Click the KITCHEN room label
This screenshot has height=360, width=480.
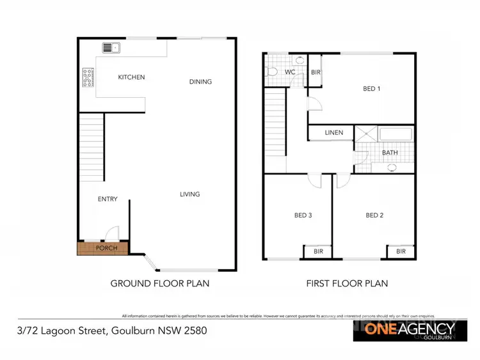[131, 77]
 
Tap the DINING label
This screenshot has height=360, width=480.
[200, 81]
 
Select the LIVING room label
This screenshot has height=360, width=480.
[189, 194]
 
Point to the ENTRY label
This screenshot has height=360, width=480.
[108, 199]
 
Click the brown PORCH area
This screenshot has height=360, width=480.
[102, 247]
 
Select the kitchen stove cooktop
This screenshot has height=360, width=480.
[88, 77]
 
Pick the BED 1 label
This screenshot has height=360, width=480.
[371, 89]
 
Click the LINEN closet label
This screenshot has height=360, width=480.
[334, 133]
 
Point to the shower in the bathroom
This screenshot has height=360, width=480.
[366, 134]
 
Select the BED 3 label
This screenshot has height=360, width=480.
[303, 215]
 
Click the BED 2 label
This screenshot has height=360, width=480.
[374, 215]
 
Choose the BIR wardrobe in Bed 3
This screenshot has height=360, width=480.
[317, 252]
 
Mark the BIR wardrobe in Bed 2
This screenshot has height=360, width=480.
[401, 252]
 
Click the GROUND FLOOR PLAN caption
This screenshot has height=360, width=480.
[160, 283]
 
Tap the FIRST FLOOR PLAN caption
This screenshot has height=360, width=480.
[346, 283]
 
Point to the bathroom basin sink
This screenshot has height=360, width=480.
[392, 168]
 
